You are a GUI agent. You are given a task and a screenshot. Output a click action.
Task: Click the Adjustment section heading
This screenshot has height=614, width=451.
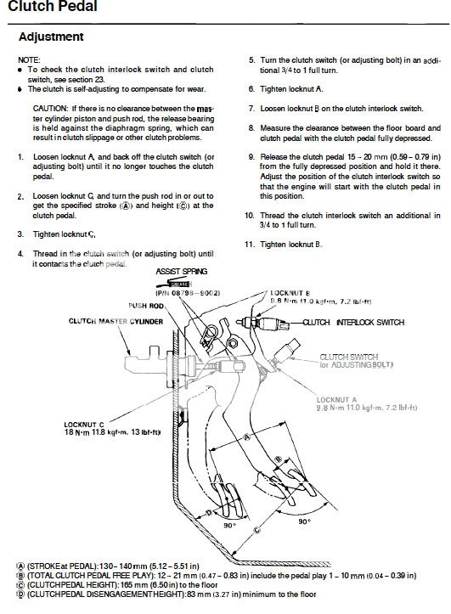point(51,37)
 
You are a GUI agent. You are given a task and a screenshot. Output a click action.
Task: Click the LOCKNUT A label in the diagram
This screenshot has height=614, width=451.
point(336,397)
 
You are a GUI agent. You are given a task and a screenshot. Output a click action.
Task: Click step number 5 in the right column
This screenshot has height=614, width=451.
point(251,60)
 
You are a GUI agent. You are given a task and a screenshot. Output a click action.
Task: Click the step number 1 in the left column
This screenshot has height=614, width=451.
point(20,158)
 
